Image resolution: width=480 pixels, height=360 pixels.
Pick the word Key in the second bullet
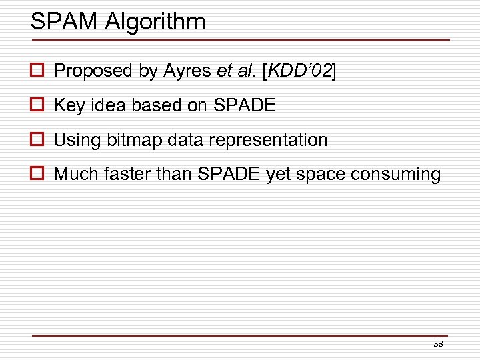click(69, 105)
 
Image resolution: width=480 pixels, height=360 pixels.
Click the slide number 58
click(438, 344)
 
